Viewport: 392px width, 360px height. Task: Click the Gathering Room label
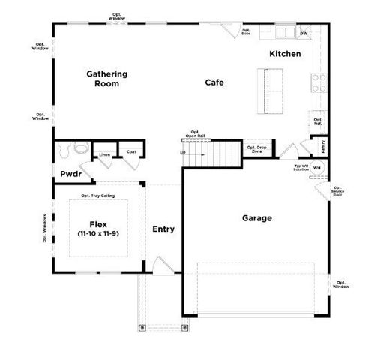(x=106, y=79)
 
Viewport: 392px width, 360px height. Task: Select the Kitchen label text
(x=286, y=54)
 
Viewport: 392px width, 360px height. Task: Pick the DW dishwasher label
(x=304, y=34)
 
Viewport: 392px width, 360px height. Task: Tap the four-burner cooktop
(x=317, y=82)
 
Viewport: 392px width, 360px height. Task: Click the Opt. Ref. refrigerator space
(x=317, y=121)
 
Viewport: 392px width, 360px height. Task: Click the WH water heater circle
(x=317, y=168)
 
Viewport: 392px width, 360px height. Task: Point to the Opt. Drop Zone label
(x=257, y=149)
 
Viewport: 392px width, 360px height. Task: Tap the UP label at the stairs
(x=182, y=153)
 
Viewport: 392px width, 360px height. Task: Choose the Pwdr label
(x=71, y=174)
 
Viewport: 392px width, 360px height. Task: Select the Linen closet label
(x=104, y=155)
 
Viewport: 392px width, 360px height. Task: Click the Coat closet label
(x=131, y=151)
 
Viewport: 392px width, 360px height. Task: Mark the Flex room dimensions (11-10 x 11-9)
(x=97, y=234)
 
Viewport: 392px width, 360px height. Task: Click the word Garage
(x=256, y=218)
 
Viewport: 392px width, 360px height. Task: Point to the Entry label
(x=163, y=229)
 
